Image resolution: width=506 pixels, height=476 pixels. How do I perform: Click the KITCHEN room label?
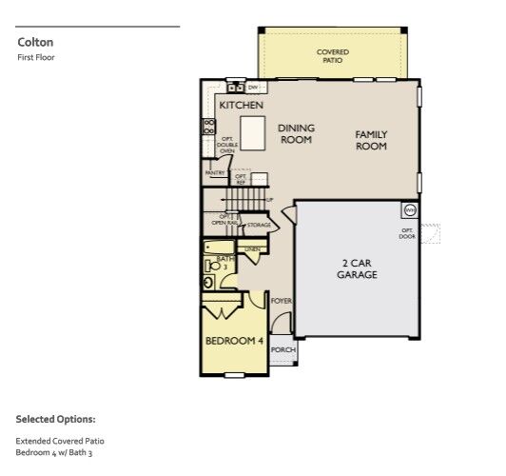coord(241,106)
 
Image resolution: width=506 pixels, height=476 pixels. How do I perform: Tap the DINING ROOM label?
coord(296,133)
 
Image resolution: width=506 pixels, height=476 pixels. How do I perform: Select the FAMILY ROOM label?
coord(371,141)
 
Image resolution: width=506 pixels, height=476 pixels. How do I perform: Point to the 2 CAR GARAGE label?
coord(357,268)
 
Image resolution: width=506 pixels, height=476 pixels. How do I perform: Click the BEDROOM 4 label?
coord(234,341)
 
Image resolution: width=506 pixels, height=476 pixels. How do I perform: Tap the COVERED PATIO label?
coord(332,55)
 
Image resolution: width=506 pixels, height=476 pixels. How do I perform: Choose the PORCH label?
coord(282,349)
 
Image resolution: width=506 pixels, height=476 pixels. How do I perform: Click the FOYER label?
coord(281,301)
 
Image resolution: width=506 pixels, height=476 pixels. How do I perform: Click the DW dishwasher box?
coord(253,88)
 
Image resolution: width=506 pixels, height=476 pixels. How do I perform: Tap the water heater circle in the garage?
coord(410,209)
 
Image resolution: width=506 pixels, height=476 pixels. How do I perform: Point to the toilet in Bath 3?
coord(209,282)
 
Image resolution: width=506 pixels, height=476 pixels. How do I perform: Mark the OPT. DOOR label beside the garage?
coord(407,233)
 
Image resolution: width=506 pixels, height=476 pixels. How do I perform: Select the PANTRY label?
coord(215,172)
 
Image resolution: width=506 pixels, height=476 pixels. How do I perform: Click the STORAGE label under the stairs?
coord(259,226)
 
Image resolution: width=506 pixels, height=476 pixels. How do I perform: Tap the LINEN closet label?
coord(252,249)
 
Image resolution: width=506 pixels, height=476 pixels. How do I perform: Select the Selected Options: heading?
coord(55,419)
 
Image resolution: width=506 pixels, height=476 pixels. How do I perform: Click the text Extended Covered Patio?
coord(60,441)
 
